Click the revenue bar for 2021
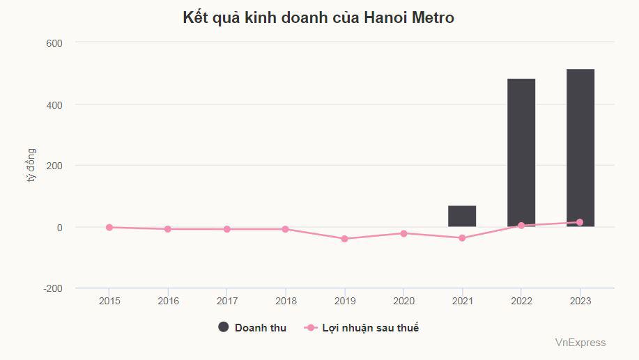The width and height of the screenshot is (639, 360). (462, 216)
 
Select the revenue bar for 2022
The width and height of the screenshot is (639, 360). (521, 152)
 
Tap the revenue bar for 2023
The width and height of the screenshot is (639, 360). (580, 148)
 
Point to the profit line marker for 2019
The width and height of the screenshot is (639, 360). (344, 239)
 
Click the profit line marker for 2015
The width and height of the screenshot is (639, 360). (109, 227)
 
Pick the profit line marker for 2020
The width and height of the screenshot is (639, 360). (403, 233)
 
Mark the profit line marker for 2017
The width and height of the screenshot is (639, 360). (227, 229)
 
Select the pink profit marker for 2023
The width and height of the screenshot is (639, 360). (580, 222)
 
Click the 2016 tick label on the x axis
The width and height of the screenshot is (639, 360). (168, 301)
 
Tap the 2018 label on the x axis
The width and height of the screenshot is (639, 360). (286, 301)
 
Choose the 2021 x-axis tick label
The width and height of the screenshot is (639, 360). (462, 301)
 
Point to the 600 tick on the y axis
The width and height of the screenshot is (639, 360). (54, 43)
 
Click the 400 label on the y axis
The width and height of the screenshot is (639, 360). (54, 104)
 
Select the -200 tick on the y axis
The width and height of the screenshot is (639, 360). (53, 288)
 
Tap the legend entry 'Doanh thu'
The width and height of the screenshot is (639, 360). (260, 328)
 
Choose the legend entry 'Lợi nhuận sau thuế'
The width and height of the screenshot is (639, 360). (370, 328)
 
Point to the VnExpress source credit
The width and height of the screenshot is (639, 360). (580, 343)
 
